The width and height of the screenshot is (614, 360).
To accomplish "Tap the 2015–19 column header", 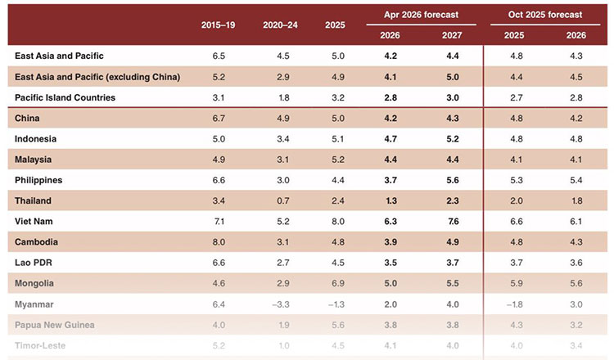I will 219,25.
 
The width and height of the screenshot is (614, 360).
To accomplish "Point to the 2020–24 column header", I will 280,25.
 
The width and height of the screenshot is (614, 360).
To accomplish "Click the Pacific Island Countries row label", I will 65,97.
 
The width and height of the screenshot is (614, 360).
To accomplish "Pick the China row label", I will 29,118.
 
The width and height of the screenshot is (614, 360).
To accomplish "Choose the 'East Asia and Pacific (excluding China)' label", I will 97,77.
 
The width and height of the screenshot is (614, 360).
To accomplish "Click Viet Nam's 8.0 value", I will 334,220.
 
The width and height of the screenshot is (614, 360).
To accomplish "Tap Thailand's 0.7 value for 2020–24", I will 280,200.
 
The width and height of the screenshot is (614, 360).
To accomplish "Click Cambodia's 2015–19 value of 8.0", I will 219,241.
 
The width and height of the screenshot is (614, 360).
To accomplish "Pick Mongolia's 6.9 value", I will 334,282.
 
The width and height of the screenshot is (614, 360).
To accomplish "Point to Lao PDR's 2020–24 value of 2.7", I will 280,262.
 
